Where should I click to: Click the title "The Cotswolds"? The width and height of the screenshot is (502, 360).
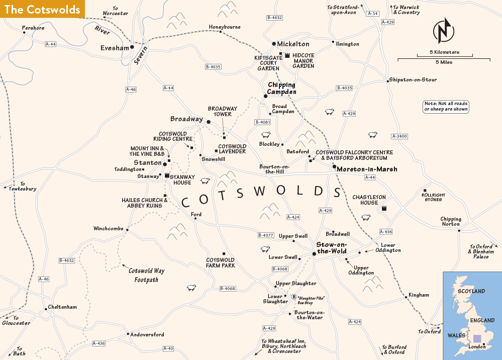(42, 10)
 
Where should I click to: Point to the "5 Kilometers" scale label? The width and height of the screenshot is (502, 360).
(444, 52)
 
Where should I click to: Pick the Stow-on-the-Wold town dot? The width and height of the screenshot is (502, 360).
(314, 254)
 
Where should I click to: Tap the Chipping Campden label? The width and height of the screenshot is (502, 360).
(282, 88)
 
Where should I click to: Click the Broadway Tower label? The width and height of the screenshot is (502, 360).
(220, 111)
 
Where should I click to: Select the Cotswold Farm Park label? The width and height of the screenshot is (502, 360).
(221, 262)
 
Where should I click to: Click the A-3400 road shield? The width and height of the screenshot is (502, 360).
(399, 136)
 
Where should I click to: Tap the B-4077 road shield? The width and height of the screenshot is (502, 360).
(266, 235)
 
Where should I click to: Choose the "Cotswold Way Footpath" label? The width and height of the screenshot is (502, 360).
(146, 275)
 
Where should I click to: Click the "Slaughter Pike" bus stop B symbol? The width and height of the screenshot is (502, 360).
(294, 297)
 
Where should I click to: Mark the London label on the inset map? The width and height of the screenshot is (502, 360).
(477, 346)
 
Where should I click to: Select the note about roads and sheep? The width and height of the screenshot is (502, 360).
(446, 106)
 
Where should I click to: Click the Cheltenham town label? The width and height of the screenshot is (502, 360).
(62, 307)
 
